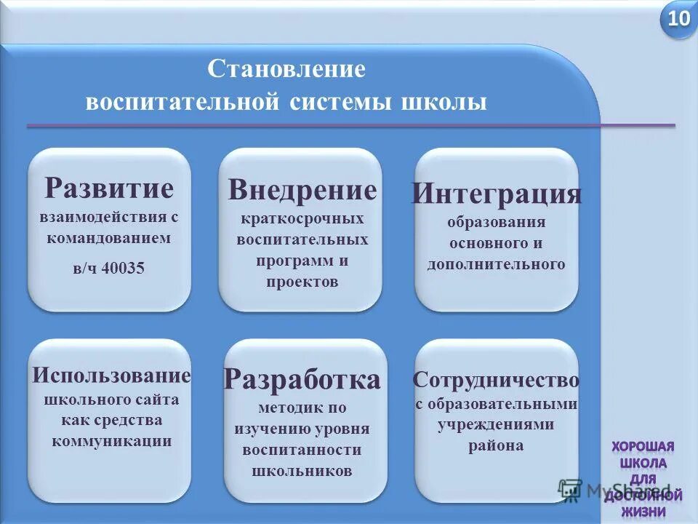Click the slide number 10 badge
678,20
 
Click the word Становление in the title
286,71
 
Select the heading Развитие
109,188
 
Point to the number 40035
124,268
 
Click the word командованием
109,237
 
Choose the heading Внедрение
302,190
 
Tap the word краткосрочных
302,218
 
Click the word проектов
302,282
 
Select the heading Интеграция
497,194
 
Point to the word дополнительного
496,264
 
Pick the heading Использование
111,376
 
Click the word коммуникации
111,440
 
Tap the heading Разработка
302,379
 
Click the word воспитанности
302,450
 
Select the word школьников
302,471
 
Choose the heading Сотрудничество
496,380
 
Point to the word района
496,445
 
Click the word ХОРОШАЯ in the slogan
643,446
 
